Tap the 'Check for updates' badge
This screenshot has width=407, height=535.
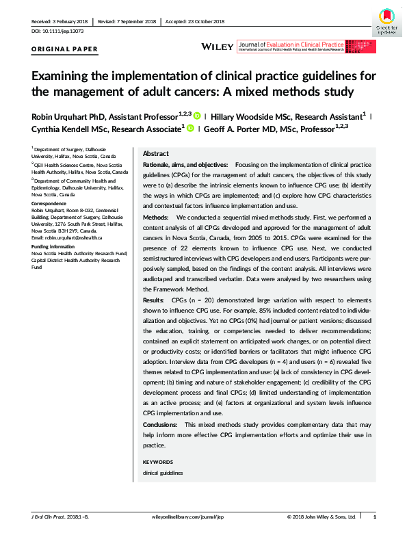[x=387, y=20]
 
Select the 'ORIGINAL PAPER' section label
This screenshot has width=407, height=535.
[x=65, y=49]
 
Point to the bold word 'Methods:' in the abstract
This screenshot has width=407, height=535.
[x=155, y=216]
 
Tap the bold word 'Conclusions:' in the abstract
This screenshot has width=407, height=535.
[x=159, y=425]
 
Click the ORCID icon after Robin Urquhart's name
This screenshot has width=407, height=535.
[x=197, y=116]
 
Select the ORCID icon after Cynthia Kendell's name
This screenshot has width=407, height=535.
[x=189, y=129]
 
